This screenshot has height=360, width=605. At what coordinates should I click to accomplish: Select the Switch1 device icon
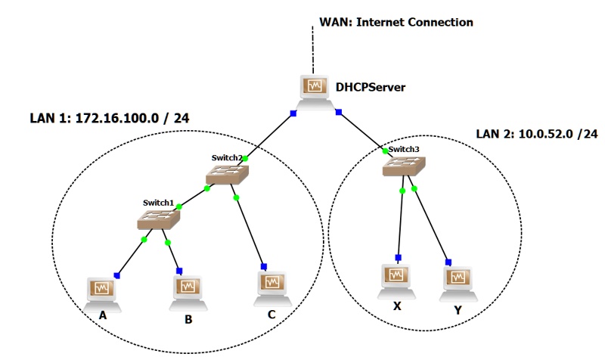tap(158, 220)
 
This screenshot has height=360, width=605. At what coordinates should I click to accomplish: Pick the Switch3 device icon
tap(404, 166)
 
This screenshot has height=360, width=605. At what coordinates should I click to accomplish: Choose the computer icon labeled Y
tap(457, 279)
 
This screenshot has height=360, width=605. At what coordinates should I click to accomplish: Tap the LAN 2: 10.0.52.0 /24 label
tap(536, 134)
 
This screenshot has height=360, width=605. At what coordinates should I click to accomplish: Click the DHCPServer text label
tap(371, 88)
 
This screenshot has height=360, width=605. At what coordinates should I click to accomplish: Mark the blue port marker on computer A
tap(117, 275)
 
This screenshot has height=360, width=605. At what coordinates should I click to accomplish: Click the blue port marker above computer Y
tap(448, 262)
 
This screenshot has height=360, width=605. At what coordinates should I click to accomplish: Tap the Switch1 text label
tap(159, 203)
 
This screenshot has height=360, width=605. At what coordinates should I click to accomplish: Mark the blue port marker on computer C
tap(264, 266)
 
